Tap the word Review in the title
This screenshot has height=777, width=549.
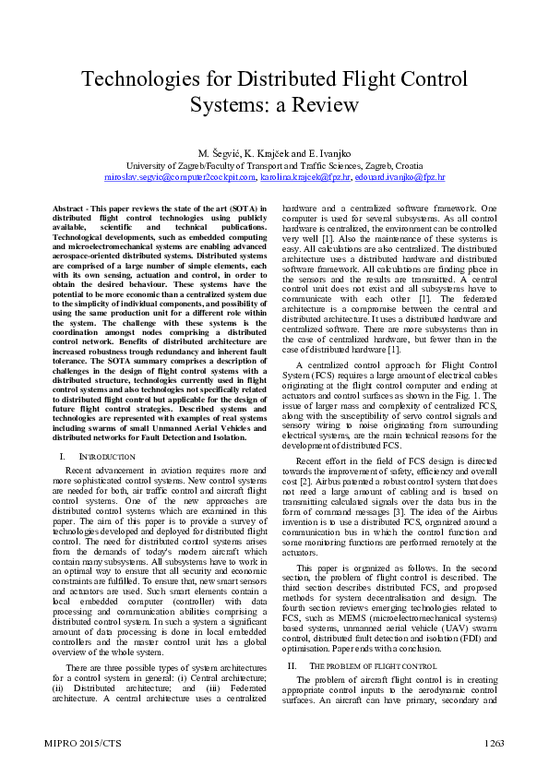[x=328, y=104]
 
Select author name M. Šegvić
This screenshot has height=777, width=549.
[x=220, y=152]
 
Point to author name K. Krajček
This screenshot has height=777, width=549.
[x=273, y=152]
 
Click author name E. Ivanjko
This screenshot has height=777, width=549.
[x=328, y=152]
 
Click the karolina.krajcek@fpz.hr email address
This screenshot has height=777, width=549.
[x=305, y=175]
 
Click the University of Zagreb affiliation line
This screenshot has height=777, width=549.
[x=274, y=164]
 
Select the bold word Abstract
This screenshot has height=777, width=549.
[x=65, y=209]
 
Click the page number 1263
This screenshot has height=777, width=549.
[x=494, y=742]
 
